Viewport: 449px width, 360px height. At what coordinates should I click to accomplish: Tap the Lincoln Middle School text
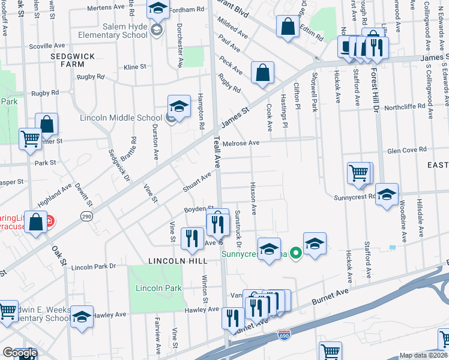(122, 118)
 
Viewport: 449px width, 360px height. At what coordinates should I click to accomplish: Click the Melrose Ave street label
(240, 143)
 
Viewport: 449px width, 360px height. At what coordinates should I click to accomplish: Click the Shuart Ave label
(197, 183)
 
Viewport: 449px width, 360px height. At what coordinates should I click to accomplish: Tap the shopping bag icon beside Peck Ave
(262, 73)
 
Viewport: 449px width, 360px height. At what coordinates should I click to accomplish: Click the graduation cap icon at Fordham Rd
(158, 9)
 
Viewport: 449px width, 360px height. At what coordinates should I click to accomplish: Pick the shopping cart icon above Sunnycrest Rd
(358, 173)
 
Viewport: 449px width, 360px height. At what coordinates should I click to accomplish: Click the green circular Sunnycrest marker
(295, 253)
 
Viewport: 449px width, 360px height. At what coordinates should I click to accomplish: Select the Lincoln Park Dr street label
(94, 266)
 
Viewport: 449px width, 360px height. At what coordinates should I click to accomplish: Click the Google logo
(20, 353)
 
